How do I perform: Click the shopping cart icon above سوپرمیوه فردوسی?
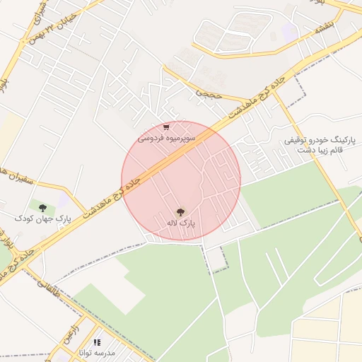166,128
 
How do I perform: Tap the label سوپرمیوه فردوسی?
162,139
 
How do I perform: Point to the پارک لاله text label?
180,223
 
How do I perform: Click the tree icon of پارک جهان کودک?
43,208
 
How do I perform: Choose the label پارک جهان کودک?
43,219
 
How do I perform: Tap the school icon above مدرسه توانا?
97,342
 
